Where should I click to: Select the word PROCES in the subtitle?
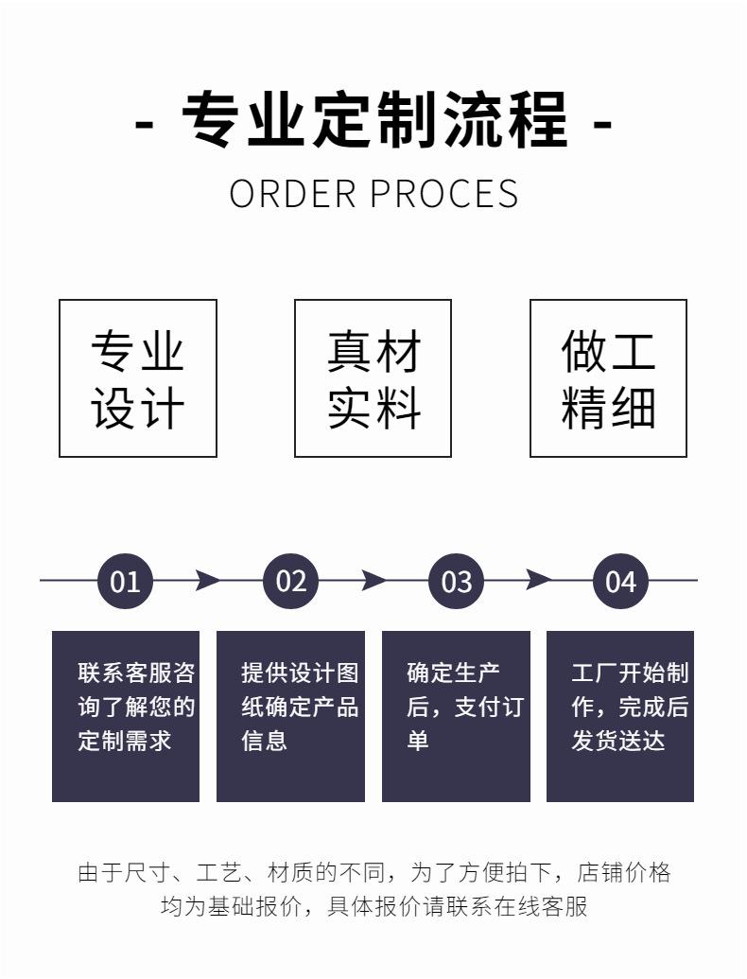(x=443, y=193)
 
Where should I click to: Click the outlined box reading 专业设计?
(x=138, y=378)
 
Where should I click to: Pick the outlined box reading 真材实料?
(x=373, y=378)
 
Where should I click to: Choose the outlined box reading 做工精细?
(x=608, y=378)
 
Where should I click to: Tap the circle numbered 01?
(x=125, y=581)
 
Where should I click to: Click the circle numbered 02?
(x=290, y=581)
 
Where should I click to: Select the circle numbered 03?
(x=456, y=581)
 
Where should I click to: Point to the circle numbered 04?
(x=620, y=581)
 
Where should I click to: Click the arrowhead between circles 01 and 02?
(x=207, y=580)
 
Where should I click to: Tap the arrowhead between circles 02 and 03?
(x=373, y=580)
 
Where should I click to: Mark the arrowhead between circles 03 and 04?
(x=538, y=580)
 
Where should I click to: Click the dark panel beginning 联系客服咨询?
(x=126, y=716)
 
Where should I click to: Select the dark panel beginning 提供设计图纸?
(x=290, y=716)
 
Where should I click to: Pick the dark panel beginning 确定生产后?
(x=456, y=716)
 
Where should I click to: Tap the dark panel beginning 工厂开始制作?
(x=620, y=716)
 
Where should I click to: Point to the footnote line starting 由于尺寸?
(x=373, y=872)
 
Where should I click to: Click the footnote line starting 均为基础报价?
(x=373, y=906)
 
